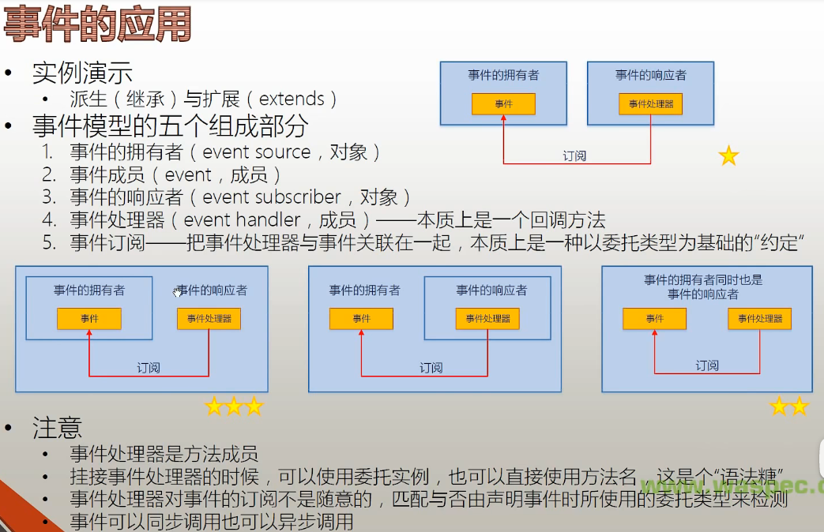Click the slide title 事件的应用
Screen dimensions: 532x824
point(97,24)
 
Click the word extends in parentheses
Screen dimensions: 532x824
point(292,99)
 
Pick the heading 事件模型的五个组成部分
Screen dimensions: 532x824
point(170,126)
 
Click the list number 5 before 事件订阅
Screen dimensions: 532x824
point(49,242)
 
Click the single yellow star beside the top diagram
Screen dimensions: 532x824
point(728,156)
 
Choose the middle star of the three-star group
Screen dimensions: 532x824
point(234,406)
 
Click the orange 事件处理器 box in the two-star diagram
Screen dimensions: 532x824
point(759,319)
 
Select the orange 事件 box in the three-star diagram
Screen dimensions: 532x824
point(89,319)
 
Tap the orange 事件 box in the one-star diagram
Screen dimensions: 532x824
point(503,104)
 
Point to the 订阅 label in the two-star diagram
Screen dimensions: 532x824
point(707,365)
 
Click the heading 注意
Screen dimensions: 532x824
point(57,428)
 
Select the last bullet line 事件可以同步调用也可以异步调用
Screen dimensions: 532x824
point(211,522)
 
